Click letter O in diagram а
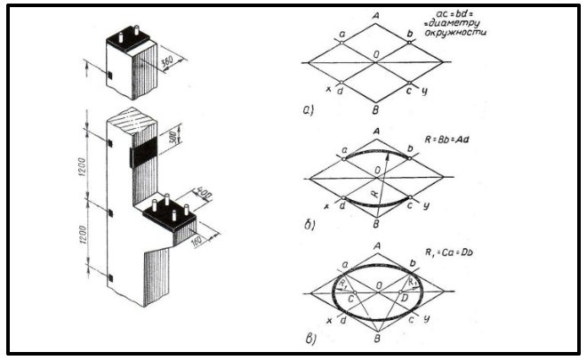378,55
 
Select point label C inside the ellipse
350,300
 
